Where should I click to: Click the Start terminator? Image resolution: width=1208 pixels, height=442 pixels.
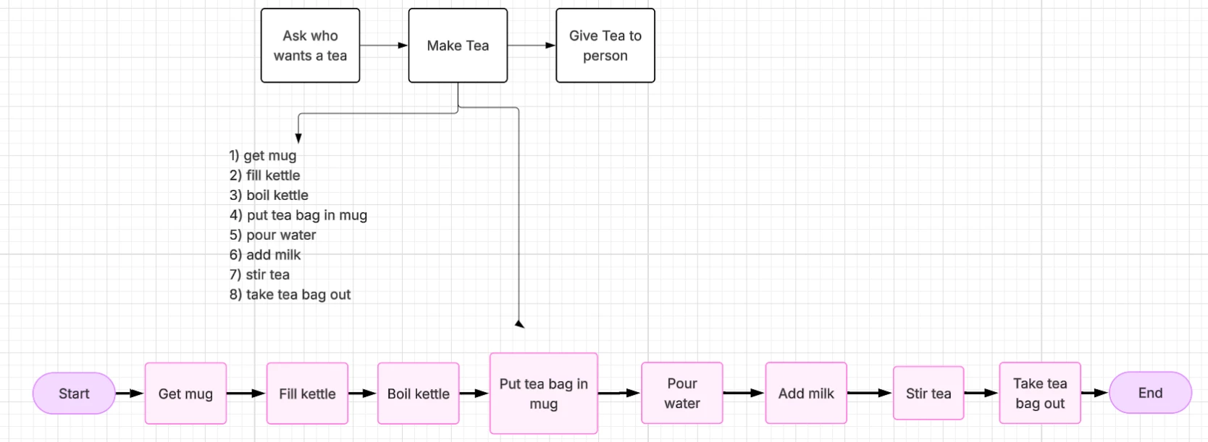click(x=74, y=393)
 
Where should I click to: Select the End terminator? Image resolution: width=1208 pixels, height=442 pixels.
click(x=1150, y=393)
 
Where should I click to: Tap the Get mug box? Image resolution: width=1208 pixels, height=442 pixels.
click(x=185, y=393)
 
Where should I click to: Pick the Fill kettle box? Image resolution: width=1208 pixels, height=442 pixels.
click(x=307, y=393)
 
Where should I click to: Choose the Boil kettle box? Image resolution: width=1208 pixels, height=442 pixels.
click(x=418, y=393)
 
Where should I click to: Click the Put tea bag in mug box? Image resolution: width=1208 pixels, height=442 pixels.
click(x=543, y=393)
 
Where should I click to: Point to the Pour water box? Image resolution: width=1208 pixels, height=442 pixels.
click(x=681, y=393)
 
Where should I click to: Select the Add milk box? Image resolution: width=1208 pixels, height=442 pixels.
click(x=806, y=393)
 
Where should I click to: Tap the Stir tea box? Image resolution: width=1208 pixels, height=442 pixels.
click(x=928, y=393)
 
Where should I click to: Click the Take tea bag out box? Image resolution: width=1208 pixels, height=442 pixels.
click(x=1040, y=393)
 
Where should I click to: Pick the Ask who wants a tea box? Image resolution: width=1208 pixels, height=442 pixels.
click(x=310, y=46)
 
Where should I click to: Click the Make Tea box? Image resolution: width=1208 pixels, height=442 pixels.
click(x=458, y=46)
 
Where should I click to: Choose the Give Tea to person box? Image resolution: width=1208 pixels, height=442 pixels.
click(x=605, y=46)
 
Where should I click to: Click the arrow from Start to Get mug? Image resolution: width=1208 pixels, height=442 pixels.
click(x=130, y=393)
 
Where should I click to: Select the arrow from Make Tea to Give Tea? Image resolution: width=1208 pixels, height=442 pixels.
click(x=532, y=46)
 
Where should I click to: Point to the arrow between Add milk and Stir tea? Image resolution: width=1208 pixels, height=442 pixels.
click(x=869, y=393)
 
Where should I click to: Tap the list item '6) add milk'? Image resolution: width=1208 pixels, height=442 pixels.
click(x=265, y=255)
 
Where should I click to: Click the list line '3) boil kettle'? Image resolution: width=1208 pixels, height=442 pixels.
click(x=269, y=195)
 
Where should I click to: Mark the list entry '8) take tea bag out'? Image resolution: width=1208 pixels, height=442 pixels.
click(x=290, y=295)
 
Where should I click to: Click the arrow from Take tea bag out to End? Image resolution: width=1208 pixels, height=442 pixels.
click(x=1094, y=393)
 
